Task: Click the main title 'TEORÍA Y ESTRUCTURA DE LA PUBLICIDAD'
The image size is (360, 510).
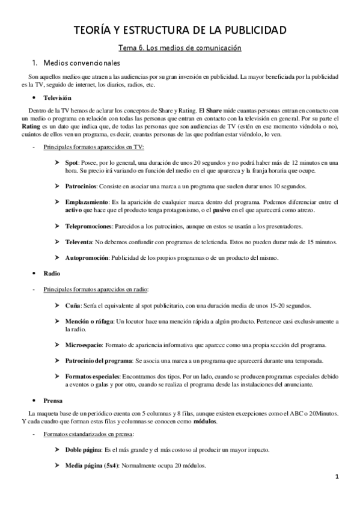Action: (180, 29)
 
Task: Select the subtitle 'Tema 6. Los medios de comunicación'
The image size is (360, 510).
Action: (180, 48)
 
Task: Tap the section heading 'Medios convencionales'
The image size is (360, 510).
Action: (78, 63)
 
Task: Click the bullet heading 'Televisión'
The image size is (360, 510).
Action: (57, 97)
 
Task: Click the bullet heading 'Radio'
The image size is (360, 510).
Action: (51, 274)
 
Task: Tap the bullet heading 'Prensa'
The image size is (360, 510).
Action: (52, 399)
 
